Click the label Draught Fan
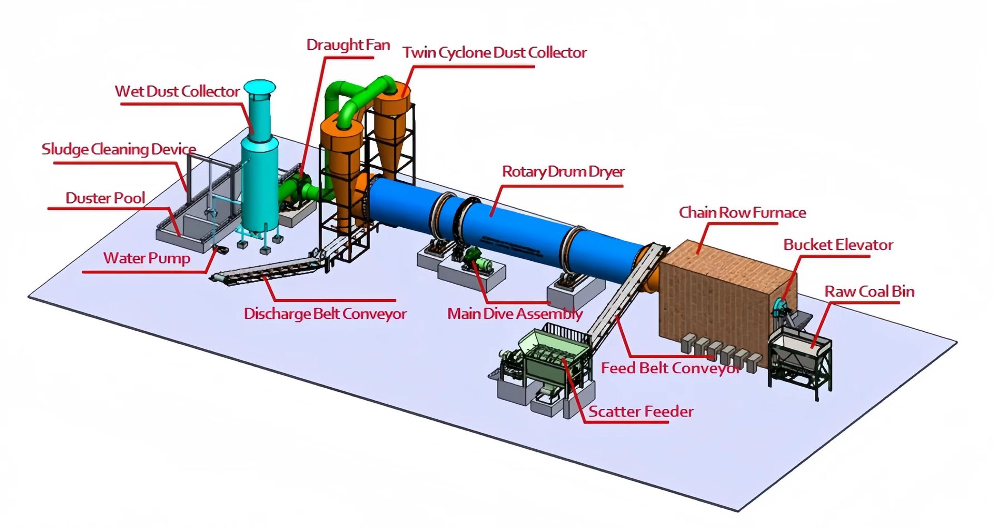(x=348, y=45)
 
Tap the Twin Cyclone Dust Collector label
(x=494, y=52)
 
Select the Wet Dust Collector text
(x=177, y=92)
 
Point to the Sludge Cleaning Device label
(x=119, y=150)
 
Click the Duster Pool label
(x=105, y=198)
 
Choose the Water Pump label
(x=147, y=258)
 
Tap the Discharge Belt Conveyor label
(x=325, y=314)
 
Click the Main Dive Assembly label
(x=515, y=314)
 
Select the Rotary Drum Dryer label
(x=563, y=172)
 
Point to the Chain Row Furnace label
(x=742, y=213)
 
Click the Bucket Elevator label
(x=838, y=245)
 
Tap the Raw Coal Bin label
(x=869, y=291)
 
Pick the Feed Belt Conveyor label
(x=671, y=368)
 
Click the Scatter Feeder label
(x=641, y=412)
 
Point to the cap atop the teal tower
(x=259, y=88)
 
